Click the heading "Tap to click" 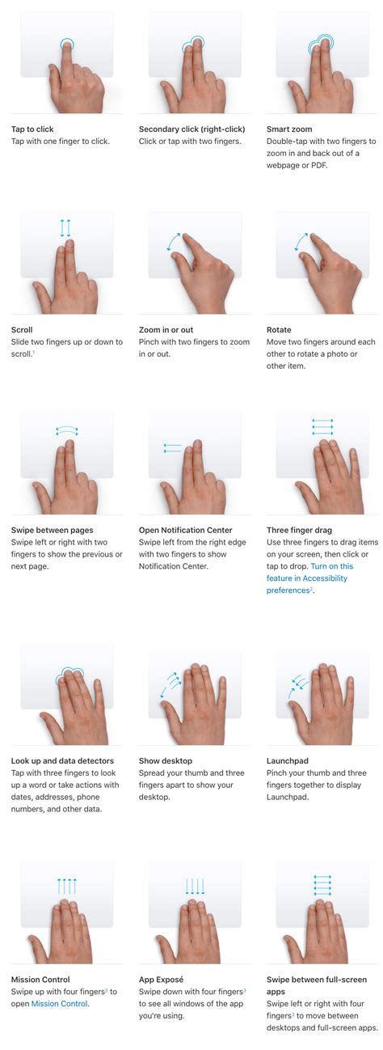click(x=32, y=129)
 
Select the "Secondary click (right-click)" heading click(x=192, y=129)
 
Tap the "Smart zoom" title click(x=289, y=129)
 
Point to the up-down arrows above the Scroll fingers click(x=65, y=228)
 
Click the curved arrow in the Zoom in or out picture click(x=173, y=241)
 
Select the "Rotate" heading click(x=279, y=329)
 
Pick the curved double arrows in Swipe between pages click(x=67, y=431)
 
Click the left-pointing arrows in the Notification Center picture click(x=172, y=447)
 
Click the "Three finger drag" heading click(x=299, y=530)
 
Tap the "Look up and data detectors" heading click(x=62, y=760)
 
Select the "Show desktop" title click(x=166, y=760)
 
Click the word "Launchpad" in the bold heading click(x=288, y=760)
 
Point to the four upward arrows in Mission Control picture click(x=66, y=886)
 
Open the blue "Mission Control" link click(x=60, y=1004)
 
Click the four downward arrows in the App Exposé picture click(x=195, y=887)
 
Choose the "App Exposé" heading click(x=161, y=980)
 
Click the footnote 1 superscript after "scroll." click(x=34, y=352)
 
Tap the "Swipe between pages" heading click(x=52, y=530)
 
